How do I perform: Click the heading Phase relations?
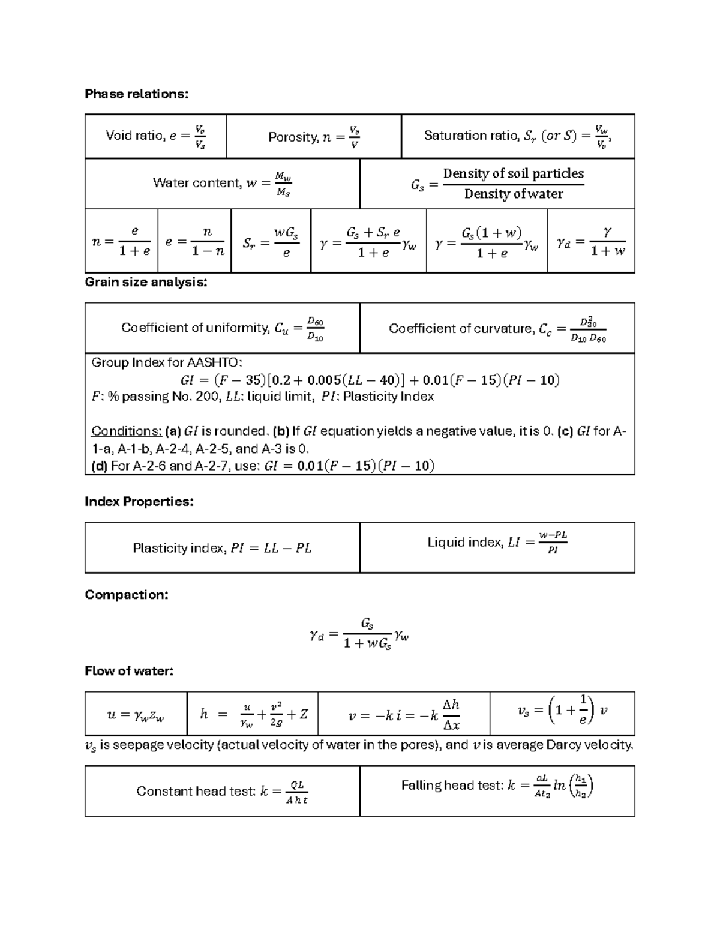pos(136,94)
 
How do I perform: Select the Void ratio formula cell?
pos(155,137)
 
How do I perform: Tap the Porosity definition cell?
pos(313,137)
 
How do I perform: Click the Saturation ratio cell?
pos(517,137)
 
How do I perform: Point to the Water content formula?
pos(222,184)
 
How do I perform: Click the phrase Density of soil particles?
pos(513,173)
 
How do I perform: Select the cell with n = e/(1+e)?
pos(121,241)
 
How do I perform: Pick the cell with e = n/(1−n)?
pos(194,241)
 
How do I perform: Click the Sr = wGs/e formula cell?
pos(271,241)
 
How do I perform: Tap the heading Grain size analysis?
pos(146,282)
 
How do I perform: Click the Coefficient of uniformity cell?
pos(222,328)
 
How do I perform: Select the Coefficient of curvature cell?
pos(497,328)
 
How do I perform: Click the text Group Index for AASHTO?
pos(167,362)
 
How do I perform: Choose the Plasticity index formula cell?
pos(222,548)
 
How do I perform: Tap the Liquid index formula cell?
pos(497,543)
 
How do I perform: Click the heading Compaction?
pos(126,595)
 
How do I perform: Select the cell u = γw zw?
pos(136,714)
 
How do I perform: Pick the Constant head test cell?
pos(222,792)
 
